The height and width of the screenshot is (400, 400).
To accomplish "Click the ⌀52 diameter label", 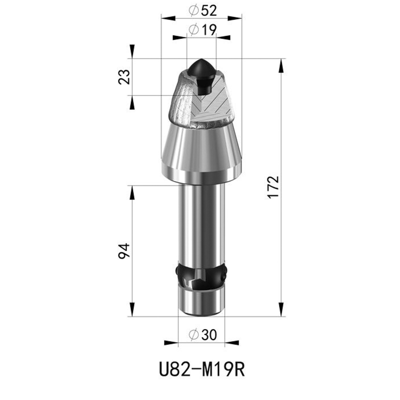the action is coord(202,10).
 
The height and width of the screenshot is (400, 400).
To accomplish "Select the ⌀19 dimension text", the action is coord(202,30).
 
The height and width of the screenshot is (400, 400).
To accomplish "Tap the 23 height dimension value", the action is coord(124,77).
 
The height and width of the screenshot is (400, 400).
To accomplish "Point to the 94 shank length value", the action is coord(124,251).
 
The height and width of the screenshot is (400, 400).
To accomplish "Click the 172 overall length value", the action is coord(273,187).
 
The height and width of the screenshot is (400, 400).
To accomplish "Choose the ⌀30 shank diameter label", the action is coord(202,334).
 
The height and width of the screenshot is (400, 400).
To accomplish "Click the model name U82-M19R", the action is coord(202,369).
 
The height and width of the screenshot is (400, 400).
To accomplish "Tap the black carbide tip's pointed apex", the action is coord(201,59).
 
